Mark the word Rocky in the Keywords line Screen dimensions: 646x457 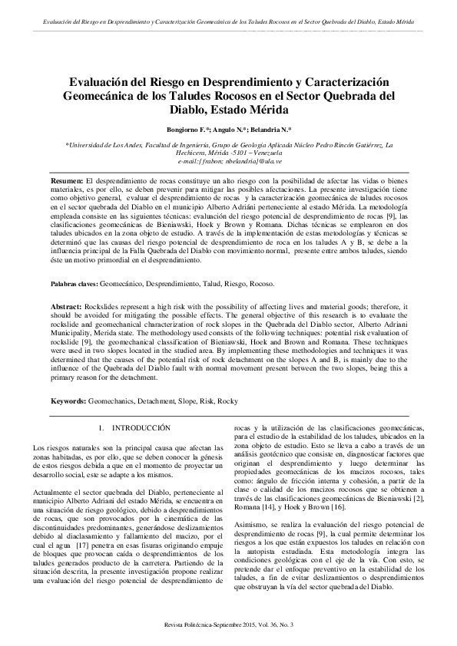coord(227,401)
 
